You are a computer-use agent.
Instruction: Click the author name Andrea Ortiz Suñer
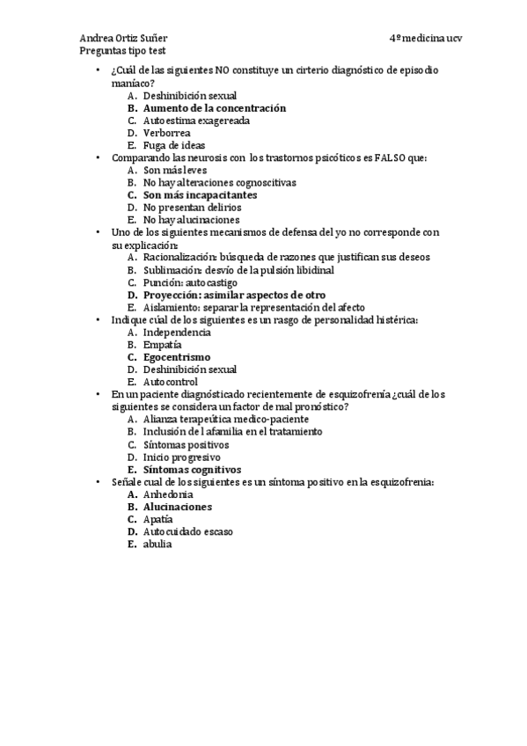tap(124, 39)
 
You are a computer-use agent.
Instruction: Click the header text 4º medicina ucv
tap(426, 39)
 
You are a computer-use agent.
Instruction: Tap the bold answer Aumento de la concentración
tap(215, 107)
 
